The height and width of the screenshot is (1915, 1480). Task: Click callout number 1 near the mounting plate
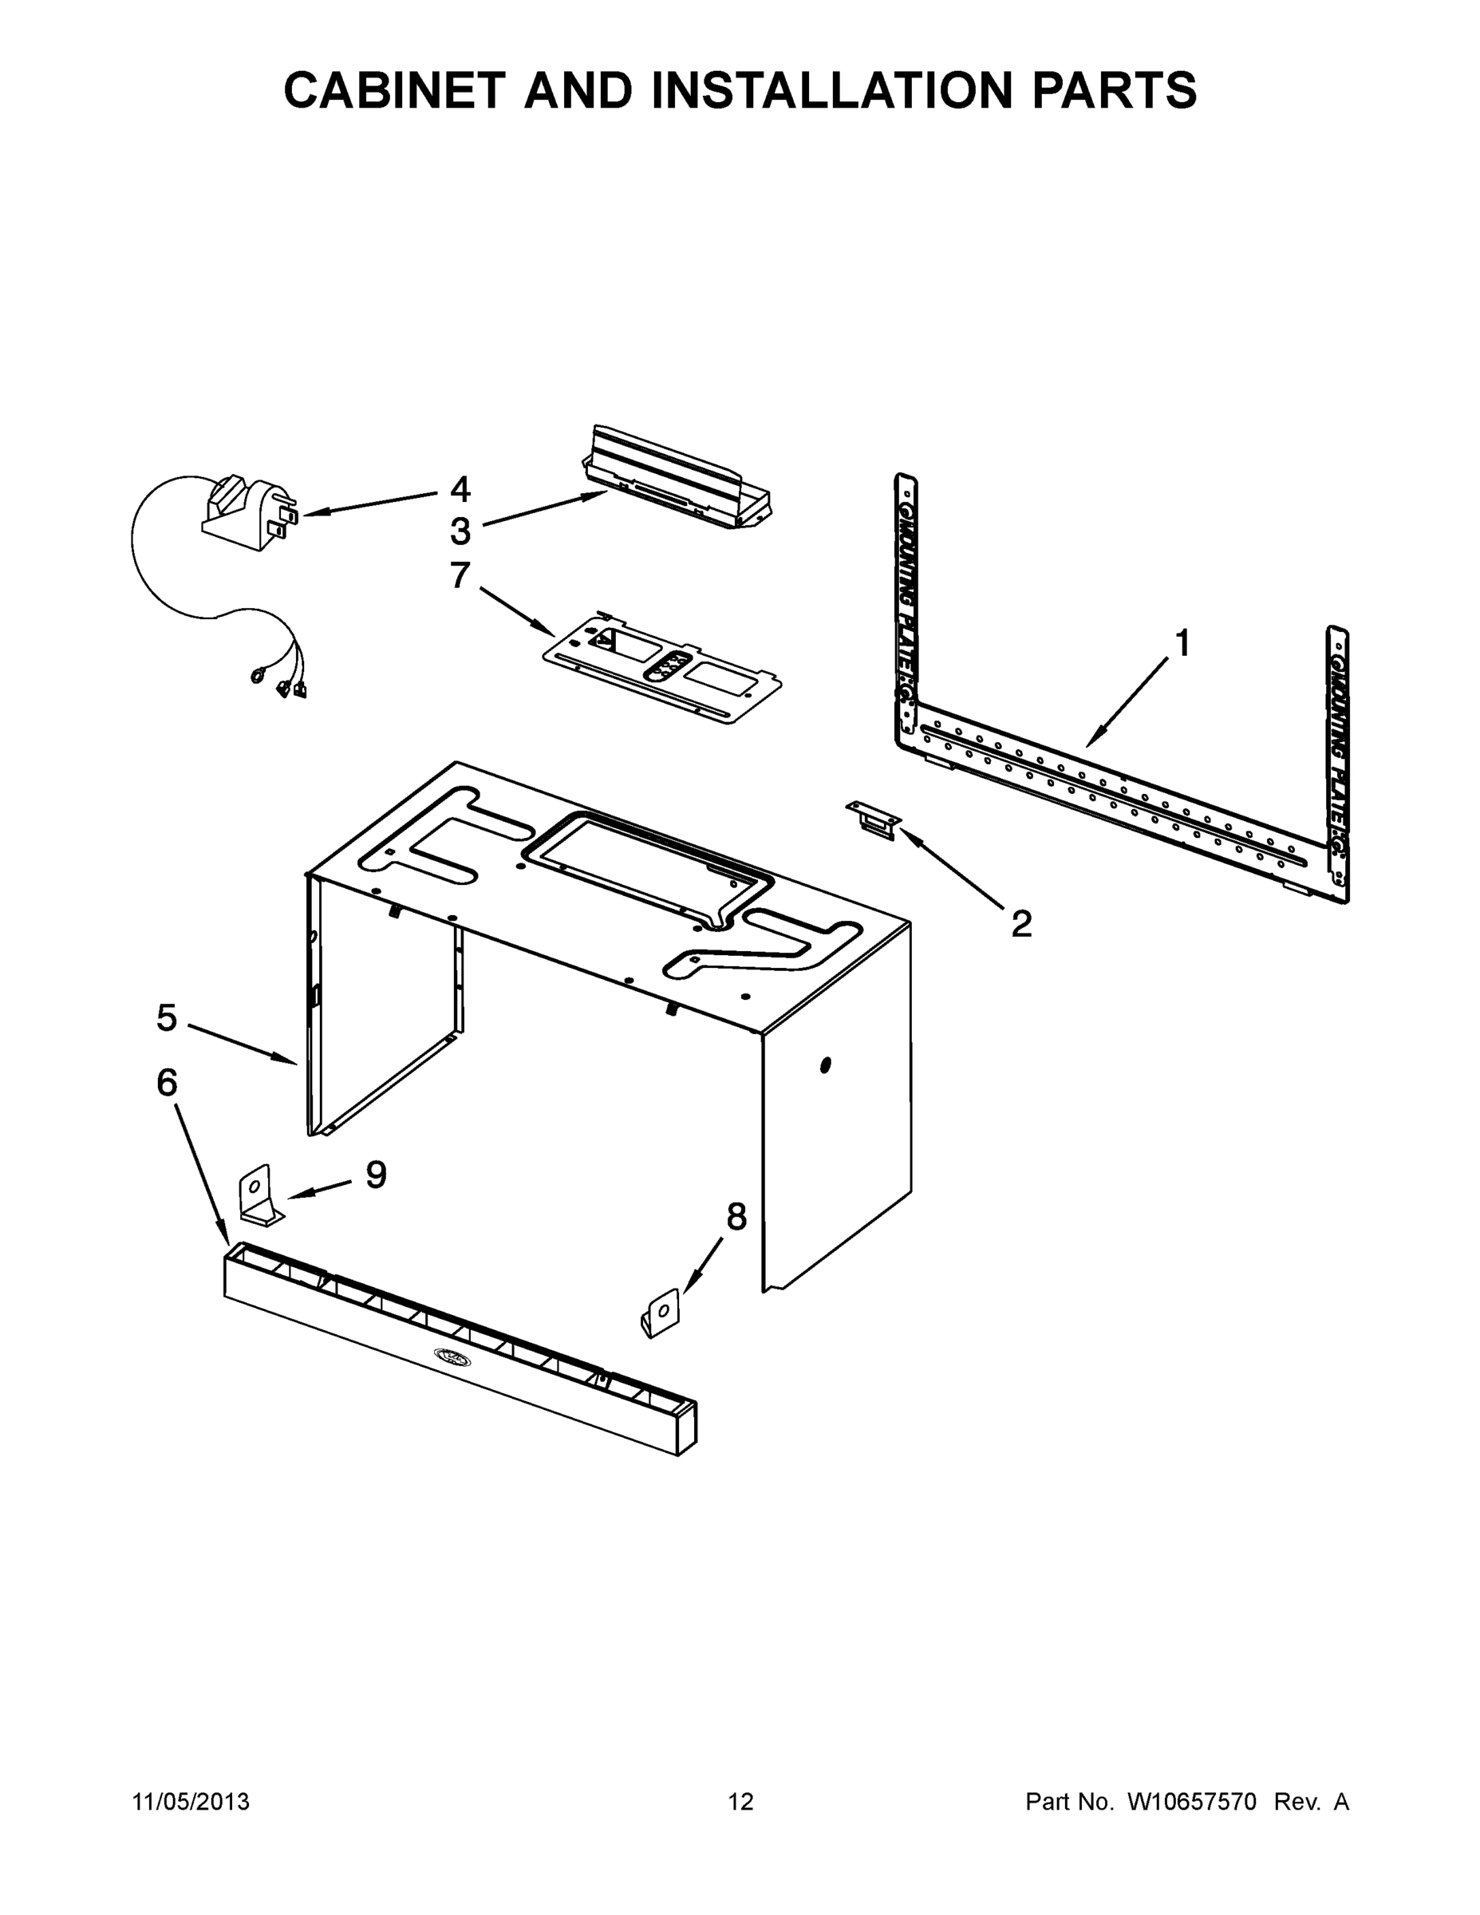pos(1182,645)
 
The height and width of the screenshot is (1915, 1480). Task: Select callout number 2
pos(1021,924)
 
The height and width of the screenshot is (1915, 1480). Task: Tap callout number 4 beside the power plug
pos(460,489)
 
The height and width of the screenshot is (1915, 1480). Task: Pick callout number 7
pos(460,576)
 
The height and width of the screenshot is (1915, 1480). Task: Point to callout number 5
pos(167,1018)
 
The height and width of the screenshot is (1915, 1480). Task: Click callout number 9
pos(376,1175)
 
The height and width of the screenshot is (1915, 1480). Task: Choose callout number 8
pos(736,1216)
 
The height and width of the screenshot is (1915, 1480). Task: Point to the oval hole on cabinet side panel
pos(824,1065)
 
